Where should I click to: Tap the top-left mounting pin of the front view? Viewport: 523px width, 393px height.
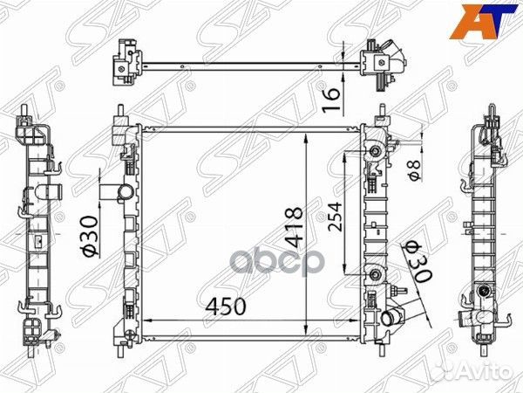tap(122, 111)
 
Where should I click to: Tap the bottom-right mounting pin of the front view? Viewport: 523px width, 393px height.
tap(381, 347)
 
